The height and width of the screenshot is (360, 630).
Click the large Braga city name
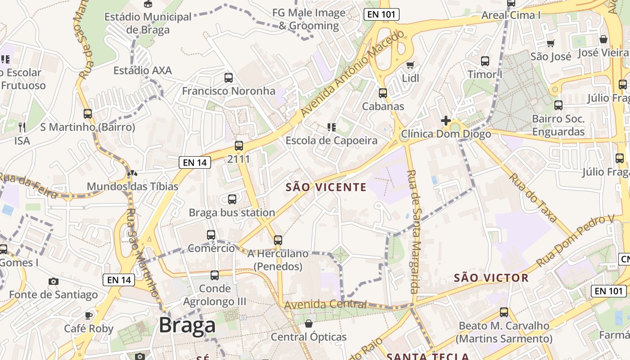coord(187,325)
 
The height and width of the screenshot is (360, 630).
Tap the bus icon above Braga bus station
coord(232,199)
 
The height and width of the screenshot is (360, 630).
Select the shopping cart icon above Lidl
coord(410,65)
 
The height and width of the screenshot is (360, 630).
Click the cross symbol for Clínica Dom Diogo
coord(446,121)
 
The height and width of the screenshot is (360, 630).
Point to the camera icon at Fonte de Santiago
coord(54,282)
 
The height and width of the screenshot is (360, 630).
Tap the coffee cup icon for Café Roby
coord(89,315)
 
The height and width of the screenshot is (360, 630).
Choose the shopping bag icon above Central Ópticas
coord(309,324)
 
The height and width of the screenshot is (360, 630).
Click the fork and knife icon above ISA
coord(22,127)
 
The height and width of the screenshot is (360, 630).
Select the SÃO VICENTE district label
coord(326,187)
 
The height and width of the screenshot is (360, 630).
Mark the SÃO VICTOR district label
coord(491,278)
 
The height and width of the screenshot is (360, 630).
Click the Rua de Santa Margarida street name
coord(414,231)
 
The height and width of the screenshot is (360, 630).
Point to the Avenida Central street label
coord(325,305)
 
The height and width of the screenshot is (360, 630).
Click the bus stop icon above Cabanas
coord(383,93)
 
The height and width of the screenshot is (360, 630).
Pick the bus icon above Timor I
coord(485,61)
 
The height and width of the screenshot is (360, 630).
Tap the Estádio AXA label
coord(143,71)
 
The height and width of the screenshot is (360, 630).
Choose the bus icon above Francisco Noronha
coord(229,78)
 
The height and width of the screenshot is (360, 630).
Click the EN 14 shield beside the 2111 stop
coord(195,162)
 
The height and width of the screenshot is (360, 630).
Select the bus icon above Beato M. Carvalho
coord(504,312)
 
